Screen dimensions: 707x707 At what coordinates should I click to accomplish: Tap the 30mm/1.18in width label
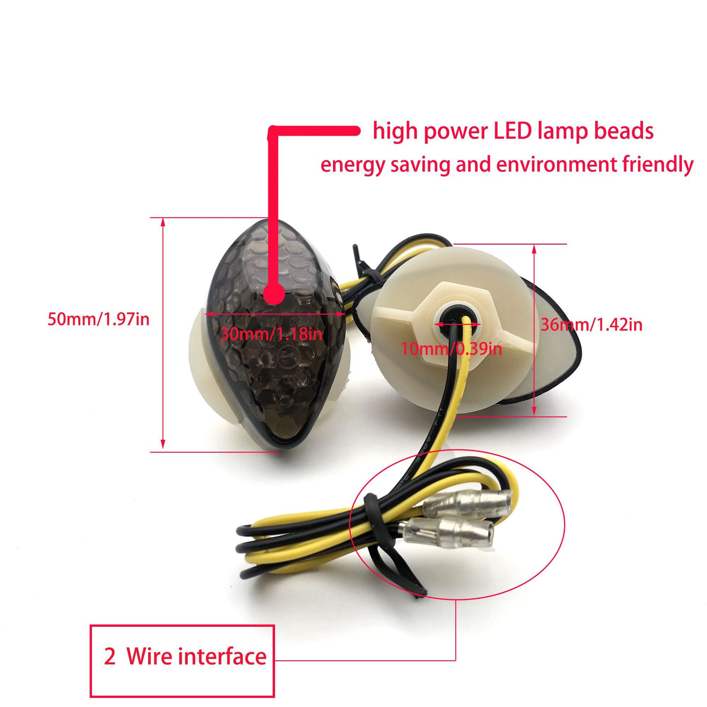(271, 334)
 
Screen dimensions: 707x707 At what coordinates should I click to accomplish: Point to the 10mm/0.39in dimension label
(451, 348)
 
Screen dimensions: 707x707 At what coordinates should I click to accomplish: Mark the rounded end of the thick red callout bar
(355, 131)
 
